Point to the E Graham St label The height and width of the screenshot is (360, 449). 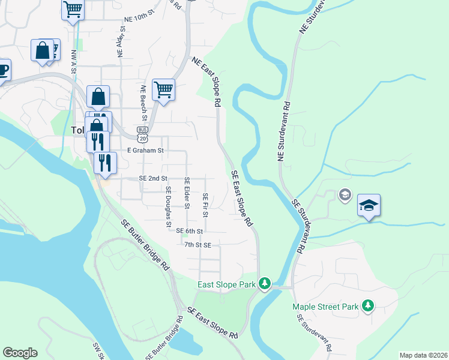pos(145,151)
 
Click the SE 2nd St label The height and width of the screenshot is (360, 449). pos(153,179)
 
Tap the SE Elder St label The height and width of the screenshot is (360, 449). pos(187,193)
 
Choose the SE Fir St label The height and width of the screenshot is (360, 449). pos(206,205)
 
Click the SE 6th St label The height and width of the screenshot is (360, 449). pos(190,230)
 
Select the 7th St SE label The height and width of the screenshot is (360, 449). pos(197,245)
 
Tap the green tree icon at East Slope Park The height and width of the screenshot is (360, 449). pos(264,283)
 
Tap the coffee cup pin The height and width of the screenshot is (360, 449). pos(3,70)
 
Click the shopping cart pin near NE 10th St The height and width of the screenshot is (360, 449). pos(73,9)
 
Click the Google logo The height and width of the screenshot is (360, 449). pos(20,353)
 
